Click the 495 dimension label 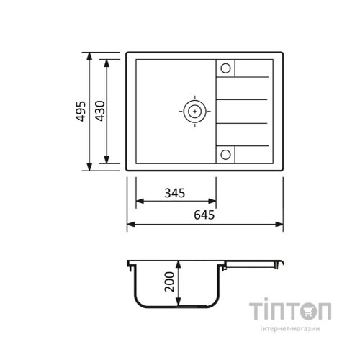[81, 111]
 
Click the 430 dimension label [100, 111]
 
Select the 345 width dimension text [175, 193]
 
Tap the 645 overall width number [204, 215]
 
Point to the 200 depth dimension [169, 282]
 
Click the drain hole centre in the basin [194, 112]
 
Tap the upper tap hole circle [225, 68]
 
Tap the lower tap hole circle [225, 155]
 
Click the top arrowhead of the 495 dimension [89, 56]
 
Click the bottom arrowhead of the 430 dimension [107, 160]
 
